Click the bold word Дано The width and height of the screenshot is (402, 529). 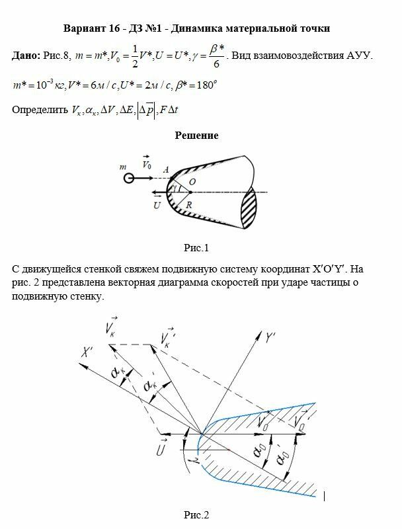coord(27,56)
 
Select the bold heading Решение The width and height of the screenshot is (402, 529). coord(196,136)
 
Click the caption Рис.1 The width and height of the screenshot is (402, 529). coord(196,249)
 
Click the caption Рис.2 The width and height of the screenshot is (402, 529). coord(196,514)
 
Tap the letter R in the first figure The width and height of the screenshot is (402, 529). coord(188,206)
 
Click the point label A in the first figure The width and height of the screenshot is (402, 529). coord(167,171)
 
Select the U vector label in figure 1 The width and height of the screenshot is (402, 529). coord(157,206)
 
